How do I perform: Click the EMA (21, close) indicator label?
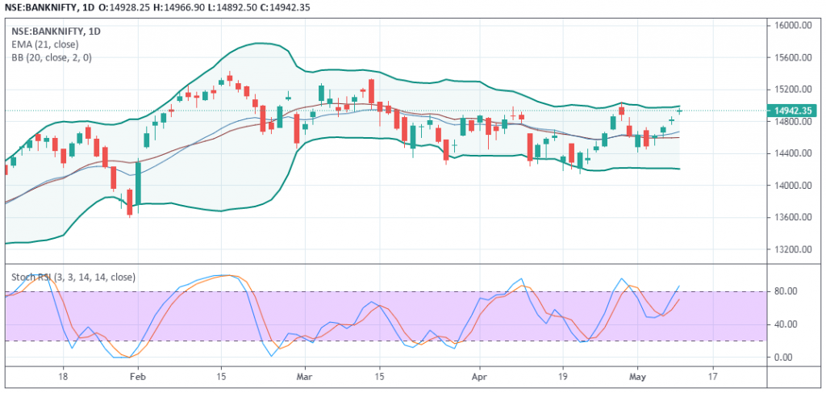45,44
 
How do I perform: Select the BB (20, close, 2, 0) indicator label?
51,58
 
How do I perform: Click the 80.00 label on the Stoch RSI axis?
788,291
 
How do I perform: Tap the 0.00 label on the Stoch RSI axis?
791,357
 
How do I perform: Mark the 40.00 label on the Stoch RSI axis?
788,324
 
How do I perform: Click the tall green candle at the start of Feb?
139,183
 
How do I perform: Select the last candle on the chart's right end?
680,111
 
